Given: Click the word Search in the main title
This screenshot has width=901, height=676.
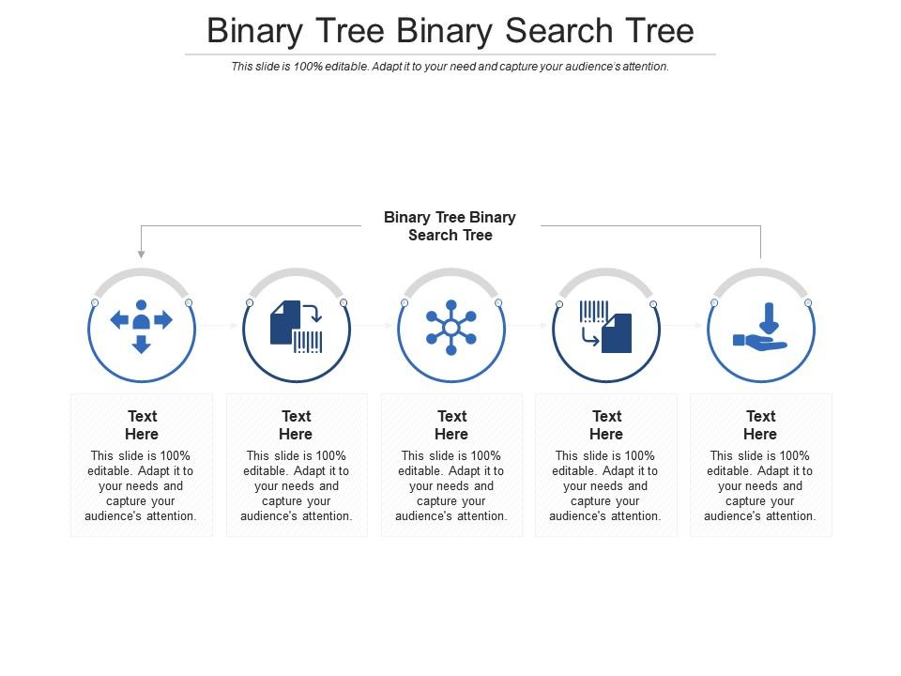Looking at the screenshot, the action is tap(559, 30).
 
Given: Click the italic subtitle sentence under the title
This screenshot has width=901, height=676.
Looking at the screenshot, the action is tap(450, 67).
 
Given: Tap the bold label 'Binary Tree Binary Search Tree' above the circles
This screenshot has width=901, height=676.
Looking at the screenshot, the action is tap(450, 226).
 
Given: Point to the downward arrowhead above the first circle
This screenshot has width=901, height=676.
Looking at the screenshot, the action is tap(142, 254).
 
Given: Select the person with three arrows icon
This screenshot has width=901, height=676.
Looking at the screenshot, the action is tap(142, 326).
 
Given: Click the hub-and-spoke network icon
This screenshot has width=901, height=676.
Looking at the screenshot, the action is tap(451, 328).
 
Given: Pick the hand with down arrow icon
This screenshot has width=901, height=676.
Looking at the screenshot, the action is tap(760, 327).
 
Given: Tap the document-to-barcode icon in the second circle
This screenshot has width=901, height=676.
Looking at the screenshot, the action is tap(297, 327).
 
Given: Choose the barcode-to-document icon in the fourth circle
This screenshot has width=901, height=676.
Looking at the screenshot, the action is tap(605, 327).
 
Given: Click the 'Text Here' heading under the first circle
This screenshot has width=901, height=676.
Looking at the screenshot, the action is tap(142, 424).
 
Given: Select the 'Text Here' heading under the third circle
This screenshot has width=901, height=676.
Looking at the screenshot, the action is tap(451, 424).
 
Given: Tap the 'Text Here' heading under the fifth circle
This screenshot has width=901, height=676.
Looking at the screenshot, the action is tap(760, 424).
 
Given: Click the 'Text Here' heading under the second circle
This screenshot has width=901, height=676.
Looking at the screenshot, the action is tap(296, 424).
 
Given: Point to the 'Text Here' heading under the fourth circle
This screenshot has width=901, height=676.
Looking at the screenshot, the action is tap(606, 424).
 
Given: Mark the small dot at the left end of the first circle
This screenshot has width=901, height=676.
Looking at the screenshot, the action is tap(95, 303).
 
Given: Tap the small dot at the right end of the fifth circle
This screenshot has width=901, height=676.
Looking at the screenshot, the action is tap(808, 303).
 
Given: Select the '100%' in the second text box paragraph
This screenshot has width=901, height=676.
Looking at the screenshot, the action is tap(330, 456).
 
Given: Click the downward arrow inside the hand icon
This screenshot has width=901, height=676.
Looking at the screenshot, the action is tap(770, 318).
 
